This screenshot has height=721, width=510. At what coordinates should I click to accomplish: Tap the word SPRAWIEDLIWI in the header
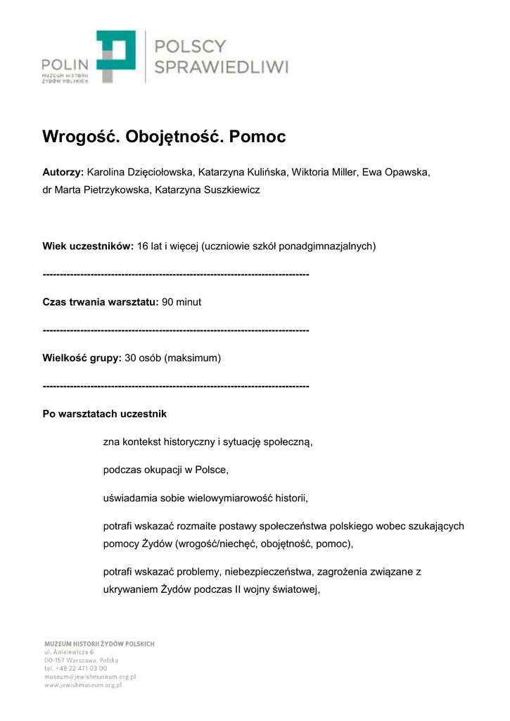pyautogui.click(x=222, y=68)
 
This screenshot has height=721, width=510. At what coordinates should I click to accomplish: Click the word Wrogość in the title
pyautogui.click(x=81, y=137)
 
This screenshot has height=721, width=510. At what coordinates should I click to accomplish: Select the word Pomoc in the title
pyautogui.click(x=258, y=137)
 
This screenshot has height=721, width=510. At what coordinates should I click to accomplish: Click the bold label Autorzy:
pyautogui.click(x=63, y=172)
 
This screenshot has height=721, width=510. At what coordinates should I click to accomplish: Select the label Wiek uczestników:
pyautogui.click(x=88, y=246)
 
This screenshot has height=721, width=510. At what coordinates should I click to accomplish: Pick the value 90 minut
pyautogui.click(x=181, y=302)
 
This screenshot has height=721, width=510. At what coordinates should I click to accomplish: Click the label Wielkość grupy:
pyautogui.click(x=82, y=358)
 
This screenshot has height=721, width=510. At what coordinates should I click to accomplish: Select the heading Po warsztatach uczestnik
pyautogui.click(x=105, y=414)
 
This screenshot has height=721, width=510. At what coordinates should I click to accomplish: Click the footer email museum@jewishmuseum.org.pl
pyautogui.click(x=90, y=676)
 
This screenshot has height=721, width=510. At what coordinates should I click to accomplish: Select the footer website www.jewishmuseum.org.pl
pyautogui.click(x=83, y=684)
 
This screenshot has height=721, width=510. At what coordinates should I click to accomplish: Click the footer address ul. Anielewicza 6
pyautogui.click(x=69, y=652)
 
